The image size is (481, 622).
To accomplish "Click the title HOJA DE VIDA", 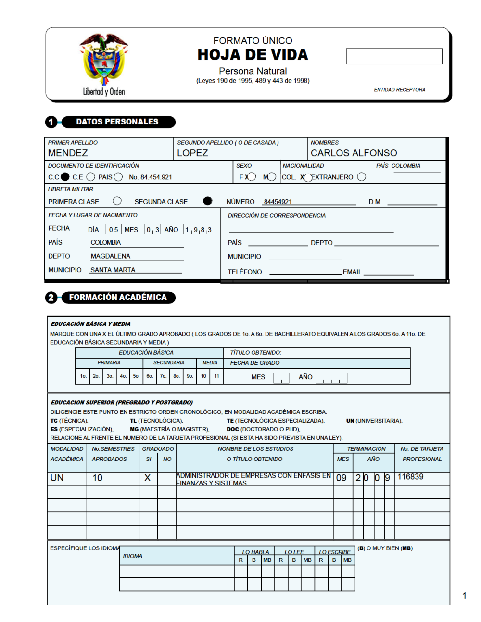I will pos(253,55).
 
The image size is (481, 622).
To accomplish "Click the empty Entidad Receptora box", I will pos(394,56).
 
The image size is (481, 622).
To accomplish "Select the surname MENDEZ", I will pos(68,153).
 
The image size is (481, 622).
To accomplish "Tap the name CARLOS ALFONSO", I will pos(354,153).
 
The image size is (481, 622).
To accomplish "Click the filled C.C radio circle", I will pos(65,177).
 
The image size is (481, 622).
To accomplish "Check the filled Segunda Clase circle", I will pos(207,201).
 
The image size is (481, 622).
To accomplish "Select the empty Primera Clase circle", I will pos(117,201).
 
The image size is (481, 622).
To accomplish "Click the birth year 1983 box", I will pos(199,230).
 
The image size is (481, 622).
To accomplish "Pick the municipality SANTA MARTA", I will pos(113,270).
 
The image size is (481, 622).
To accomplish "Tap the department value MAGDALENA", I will pos(111,256).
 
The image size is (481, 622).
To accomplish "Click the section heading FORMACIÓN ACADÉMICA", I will pos(118,298).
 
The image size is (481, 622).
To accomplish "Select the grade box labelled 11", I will pos(216,376).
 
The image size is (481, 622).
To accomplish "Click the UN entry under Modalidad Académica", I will pos(57,478).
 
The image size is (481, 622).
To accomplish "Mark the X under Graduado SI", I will pos(148,478).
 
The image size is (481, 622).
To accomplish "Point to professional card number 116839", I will pos(410,477).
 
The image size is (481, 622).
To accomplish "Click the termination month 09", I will pos(342,478).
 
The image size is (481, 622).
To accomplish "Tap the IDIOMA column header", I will pos(132,556).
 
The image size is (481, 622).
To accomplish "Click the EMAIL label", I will pos(352,272).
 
